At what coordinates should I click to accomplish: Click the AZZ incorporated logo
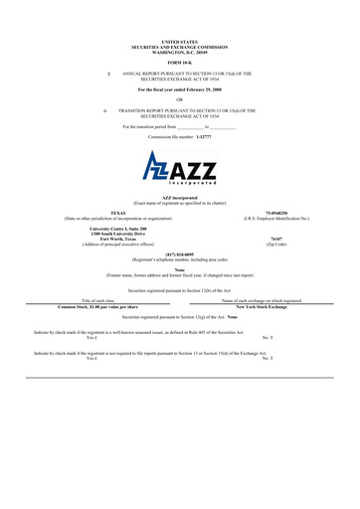tap(180, 169)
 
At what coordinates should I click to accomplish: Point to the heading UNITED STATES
tap(180, 42)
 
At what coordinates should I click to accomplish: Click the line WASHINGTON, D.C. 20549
tap(180, 52)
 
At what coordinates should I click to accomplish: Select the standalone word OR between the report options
tap(180, 97)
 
